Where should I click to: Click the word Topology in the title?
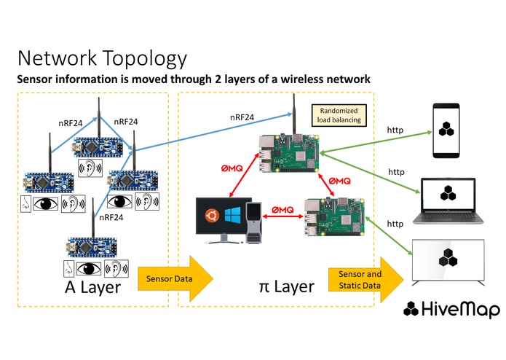pyautogui.click(x=145, y=59)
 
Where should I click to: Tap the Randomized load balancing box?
pyautogui.click(x=339, y=115)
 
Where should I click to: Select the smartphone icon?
pyautogui.click(x=446, y=130)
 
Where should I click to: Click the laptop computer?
pyautogui.click(x=448, y=201)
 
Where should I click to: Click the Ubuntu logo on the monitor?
pyautogui.click(x=212, y=216)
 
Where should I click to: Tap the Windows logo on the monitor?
pyautogui.click(x=233, y=215)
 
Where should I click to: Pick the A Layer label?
pyautogui.click(x=93, y=287)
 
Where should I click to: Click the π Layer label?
pyautogui.click(x=287, y=286)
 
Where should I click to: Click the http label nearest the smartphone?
pyautogui.click(x=395, y=130)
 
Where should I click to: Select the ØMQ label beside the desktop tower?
pyautogui.click(x=282, y=210)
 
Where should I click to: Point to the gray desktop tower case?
pyautogui.click(x=253, y=222)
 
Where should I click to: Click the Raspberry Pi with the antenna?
pyautogui.click(x=289, y=152)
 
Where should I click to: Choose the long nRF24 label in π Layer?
pyautogui.click(x=242, y=117)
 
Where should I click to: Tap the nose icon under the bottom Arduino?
pyautogui.click(x=68, y=269)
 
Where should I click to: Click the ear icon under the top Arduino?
pyautogui.click(x=90, y=168)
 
